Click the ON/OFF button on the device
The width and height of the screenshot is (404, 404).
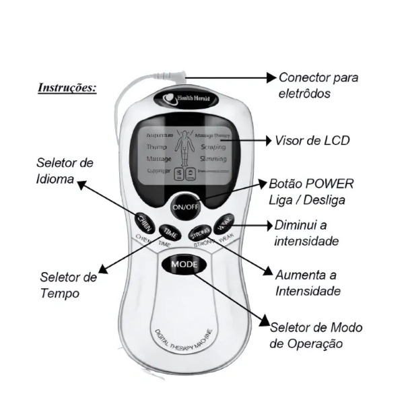point(185,206)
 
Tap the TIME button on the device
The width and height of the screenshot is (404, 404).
point(170,233)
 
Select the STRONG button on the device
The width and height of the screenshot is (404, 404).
point(199,234)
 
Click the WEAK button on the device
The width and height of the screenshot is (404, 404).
point(224,222)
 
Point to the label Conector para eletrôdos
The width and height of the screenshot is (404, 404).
point(318,86)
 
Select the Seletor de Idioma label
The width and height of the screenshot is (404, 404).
point(65,172)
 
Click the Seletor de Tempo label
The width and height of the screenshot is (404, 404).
point(69,285)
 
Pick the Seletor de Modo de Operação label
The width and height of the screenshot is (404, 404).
point(316,335)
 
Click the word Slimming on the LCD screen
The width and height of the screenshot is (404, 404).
point(214,159)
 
